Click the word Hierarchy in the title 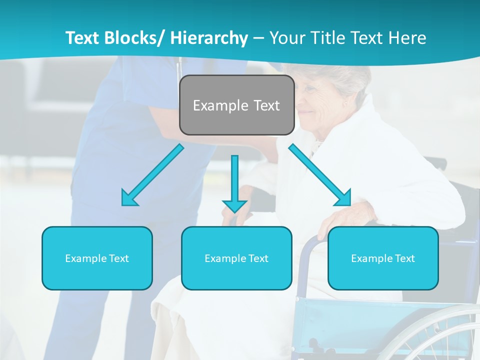(209, 38)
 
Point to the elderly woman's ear (344, 103)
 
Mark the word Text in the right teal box (404, 258)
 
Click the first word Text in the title (83, 38)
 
